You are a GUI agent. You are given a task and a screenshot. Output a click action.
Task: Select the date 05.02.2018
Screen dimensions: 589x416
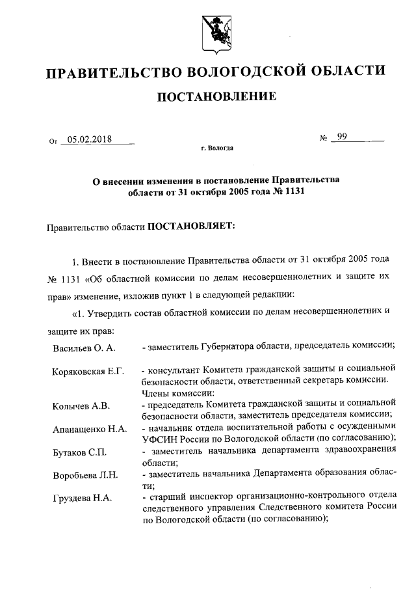(x=90, y=139)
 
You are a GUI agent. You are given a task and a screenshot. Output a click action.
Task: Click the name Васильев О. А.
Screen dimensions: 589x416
(x=84, y=348)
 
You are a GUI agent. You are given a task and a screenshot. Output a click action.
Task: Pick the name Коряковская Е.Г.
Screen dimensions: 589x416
(x=88, y=370)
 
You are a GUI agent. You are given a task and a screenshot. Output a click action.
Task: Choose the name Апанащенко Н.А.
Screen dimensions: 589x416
(x=90, y=430)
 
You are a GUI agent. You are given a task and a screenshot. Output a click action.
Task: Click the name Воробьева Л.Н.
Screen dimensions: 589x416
(x=85, y=475)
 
